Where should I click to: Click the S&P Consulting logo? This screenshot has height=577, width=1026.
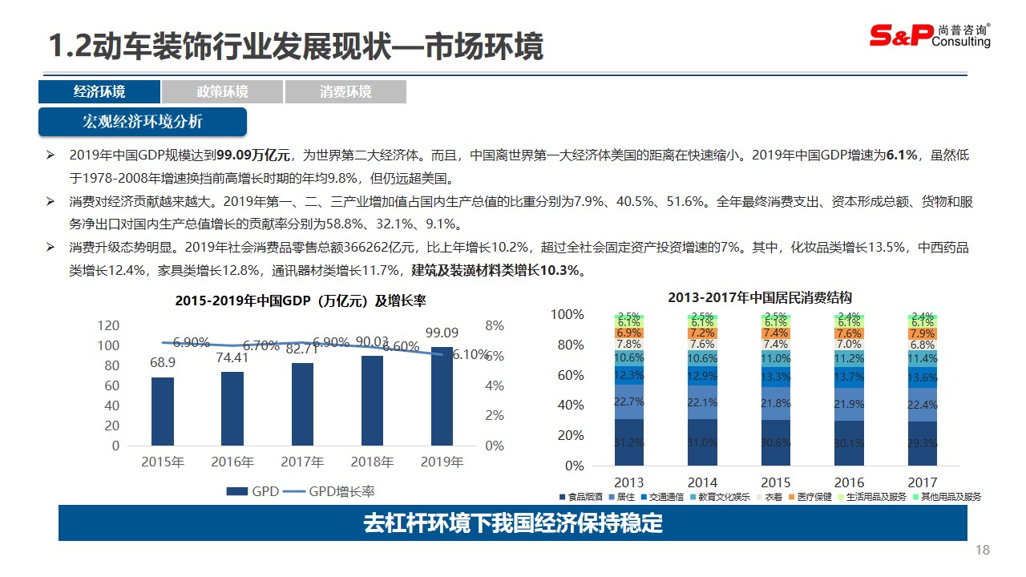tap(930, 34)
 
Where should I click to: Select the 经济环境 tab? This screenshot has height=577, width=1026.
tap(99, 92)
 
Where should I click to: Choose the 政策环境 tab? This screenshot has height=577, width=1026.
tap(222, 92)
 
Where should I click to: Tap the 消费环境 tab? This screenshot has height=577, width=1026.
tap(345, 92)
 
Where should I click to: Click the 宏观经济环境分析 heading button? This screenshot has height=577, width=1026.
tap(143, 122)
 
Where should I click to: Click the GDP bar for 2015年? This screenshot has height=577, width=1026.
tap(163, 411)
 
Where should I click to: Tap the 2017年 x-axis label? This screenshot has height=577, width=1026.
tap(302, 462)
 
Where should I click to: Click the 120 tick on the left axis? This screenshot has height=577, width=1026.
tap(109, 325)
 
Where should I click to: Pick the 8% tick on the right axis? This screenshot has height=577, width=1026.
tap(495, 325)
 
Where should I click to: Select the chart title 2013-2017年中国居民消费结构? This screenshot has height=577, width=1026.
tap(760, 297)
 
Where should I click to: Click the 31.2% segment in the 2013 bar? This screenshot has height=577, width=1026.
tap(629, 442)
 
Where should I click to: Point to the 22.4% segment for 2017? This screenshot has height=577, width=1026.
tap(922, 406)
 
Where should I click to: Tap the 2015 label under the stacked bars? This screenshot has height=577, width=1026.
tap(776, 482)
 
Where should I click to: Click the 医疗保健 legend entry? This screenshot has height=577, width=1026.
tap(812, 497)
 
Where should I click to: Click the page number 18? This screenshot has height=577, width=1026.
tap(983, 551)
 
